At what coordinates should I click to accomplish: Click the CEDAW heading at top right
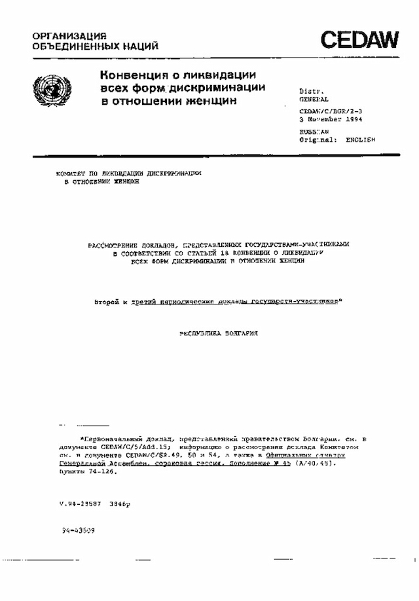click(x=359, y=41)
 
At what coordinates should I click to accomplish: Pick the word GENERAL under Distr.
click(x=314, y=100)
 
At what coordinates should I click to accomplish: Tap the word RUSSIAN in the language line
click(x=314, y=132)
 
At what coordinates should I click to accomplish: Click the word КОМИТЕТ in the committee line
click(x=70, y=173)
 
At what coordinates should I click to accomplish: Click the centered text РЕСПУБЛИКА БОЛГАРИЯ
click(x=219, y=333)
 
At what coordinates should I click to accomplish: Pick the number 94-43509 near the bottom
click(x=78, y=530)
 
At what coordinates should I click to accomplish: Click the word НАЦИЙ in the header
click(x=140, y=46)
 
